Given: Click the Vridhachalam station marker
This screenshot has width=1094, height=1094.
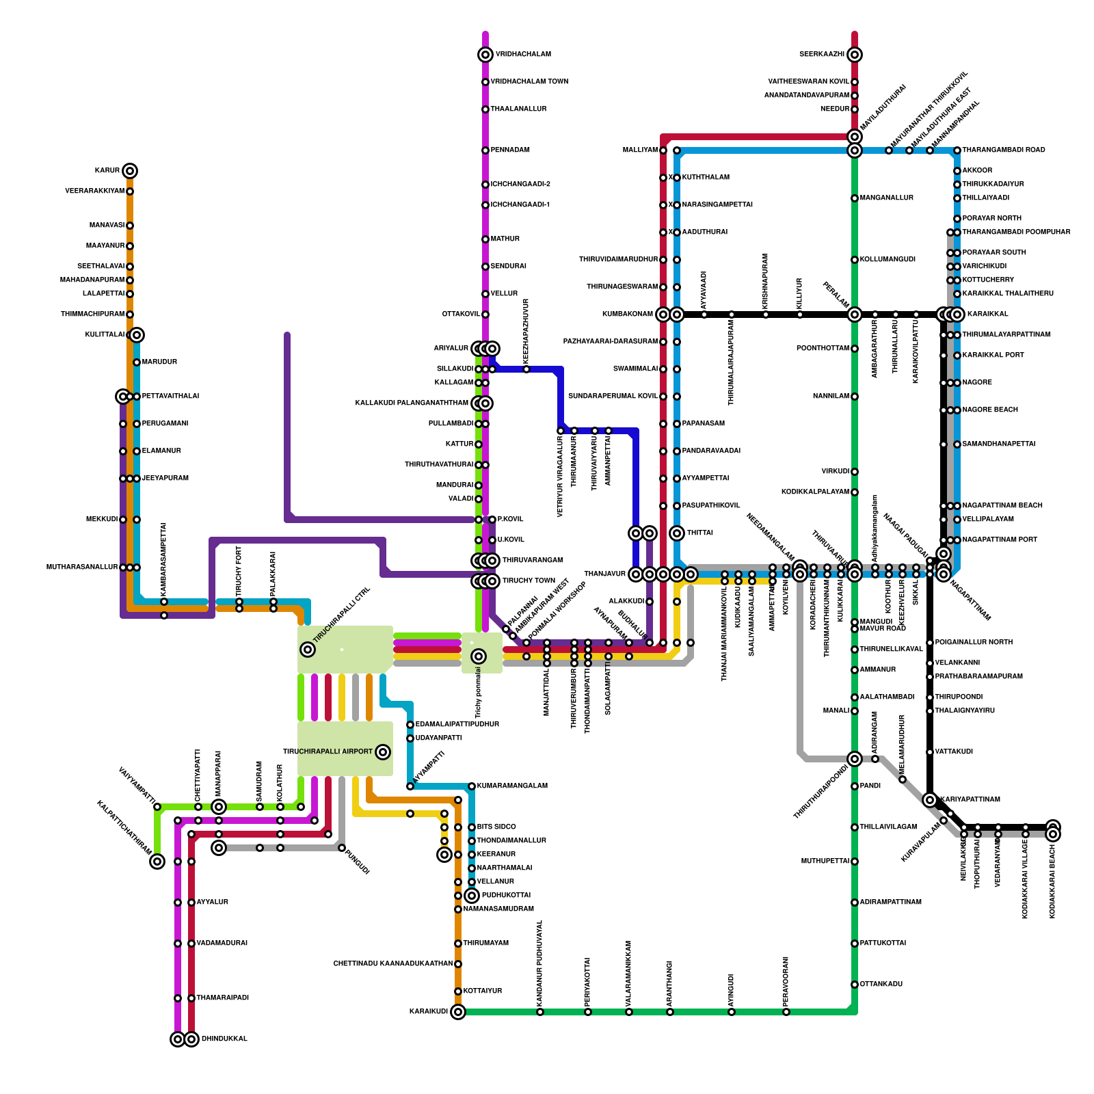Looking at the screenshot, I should pyautogui.click(x=485, y=55).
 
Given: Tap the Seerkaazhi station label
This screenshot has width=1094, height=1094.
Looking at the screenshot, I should pyautogui.click(x=821, y=55).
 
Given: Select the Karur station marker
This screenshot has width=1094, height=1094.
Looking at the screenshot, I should pyautogui.click(x=130, y=171).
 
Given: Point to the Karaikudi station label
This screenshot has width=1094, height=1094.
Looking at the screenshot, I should pyautogui.click(x=428, y=1012).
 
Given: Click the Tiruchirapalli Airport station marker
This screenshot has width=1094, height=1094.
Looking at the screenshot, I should pyautogui.click(x=383, y=752).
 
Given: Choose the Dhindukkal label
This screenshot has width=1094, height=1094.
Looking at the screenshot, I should pyautogui.click(x=224, y=1039).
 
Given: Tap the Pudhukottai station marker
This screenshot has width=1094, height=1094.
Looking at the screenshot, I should pyautogui.click(x=472, y=896).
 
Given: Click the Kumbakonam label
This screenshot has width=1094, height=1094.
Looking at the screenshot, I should pyautogui.click(x=627, y=315).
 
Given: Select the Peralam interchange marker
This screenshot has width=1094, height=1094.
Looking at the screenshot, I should pyautogui.click(x=855, y=315).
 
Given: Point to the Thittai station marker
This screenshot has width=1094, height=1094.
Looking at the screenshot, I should pyautogui.click(x=677, y=533).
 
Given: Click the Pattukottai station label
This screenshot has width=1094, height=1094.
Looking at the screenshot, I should pyautogui.click(x=883, y=944).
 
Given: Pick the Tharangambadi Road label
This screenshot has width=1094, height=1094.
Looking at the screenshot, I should pyautogui.click(x=1004, y=150).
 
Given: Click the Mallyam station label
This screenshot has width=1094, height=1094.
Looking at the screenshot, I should pyautogui.click(x=640, y=150).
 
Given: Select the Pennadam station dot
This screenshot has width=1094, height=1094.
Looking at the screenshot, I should pyautogui.click(x=485, y=150).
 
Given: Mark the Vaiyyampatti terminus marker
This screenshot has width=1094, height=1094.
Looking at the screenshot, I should pyautogui.click(x=157, y=862).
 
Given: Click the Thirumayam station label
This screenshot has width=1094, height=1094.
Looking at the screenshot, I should pyautogui.click(x=485, y=944).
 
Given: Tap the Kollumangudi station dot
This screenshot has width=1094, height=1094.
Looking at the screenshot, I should pyautogui.click(x=855, y=260).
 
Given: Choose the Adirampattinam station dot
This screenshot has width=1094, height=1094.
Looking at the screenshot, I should pyautogui.click(x=855, y=903).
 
